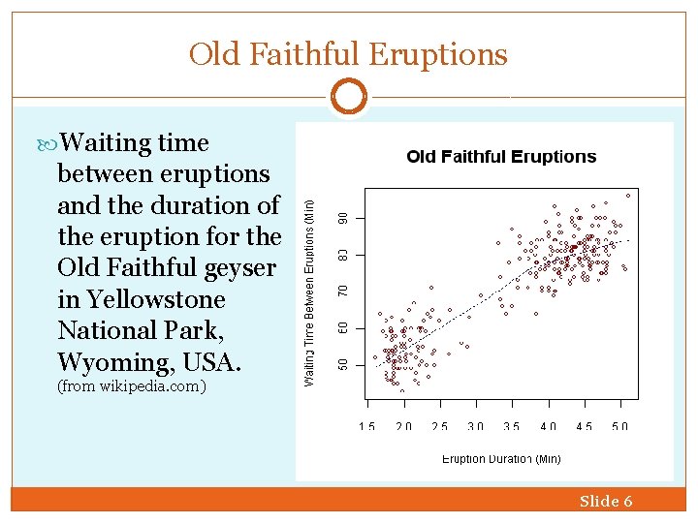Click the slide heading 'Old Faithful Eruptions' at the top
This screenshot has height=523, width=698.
pyautogui.click(x=348, y=54)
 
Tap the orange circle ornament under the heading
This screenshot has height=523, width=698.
pyautogui.click(x=348, y=97)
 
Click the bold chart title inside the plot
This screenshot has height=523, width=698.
pyautogui.click(x=501, y=156)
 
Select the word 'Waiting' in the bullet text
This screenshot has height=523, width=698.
pyautogui.click(x=108, y=143)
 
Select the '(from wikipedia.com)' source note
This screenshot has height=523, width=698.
pyautogui.click(x=132, y=386)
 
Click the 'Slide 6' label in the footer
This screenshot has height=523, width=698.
pyautogui.click(x=606, y=501)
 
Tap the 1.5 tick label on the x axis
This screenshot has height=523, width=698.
pyautogui.click(x=367, y=426)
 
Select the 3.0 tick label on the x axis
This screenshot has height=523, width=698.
pyautogui.click(x=475, y=426)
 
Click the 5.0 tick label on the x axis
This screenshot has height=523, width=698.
pyautogui.click(x=619, y=426)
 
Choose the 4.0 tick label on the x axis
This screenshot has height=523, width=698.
pyautogui.click(x=548, y=426)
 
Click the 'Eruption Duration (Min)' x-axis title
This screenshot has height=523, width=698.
pyautogui.click(x=501, y=459)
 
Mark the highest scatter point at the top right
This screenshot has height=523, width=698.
pyautogui.click(x=627, y=196)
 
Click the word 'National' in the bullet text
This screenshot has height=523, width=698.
pyautogui.click(x=108, y=331)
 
